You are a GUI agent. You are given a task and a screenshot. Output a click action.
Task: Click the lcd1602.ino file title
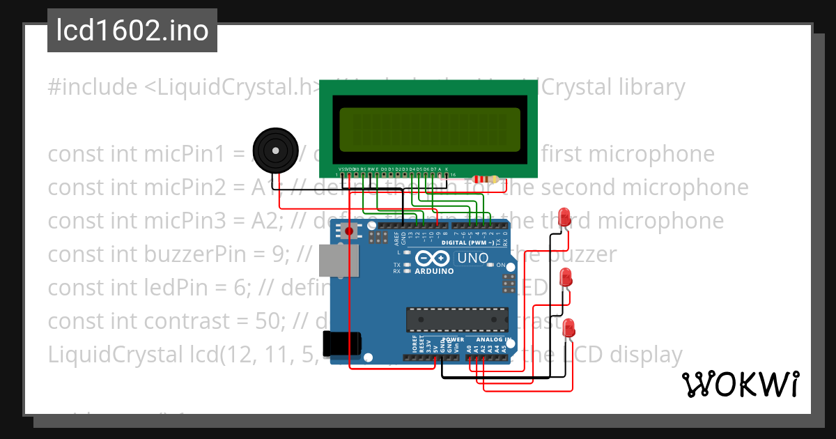click(132, 31)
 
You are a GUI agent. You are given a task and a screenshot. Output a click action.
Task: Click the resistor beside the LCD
click(486, 179)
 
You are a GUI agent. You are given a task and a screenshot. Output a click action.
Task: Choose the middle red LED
click(567, 277)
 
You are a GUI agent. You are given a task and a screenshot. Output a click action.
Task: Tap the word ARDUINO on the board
click(434, 271)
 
